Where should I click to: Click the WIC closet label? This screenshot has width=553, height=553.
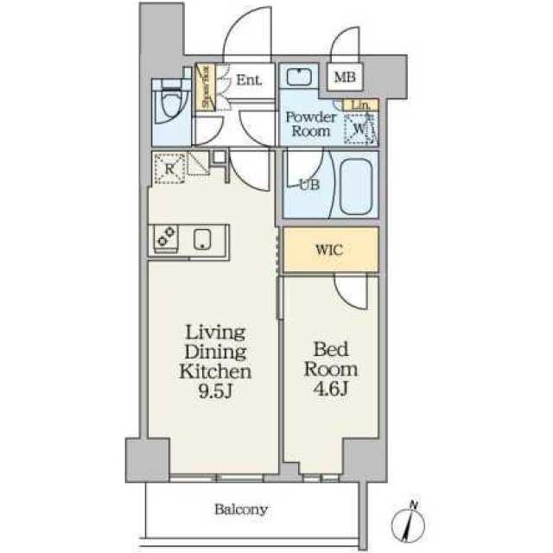(329, 250)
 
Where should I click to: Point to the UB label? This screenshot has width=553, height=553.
(308, 183)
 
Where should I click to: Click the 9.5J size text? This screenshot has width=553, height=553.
(215, 391)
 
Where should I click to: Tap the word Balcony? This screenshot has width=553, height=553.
(242, 509)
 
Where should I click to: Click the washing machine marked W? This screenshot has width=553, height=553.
(360, 130)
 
